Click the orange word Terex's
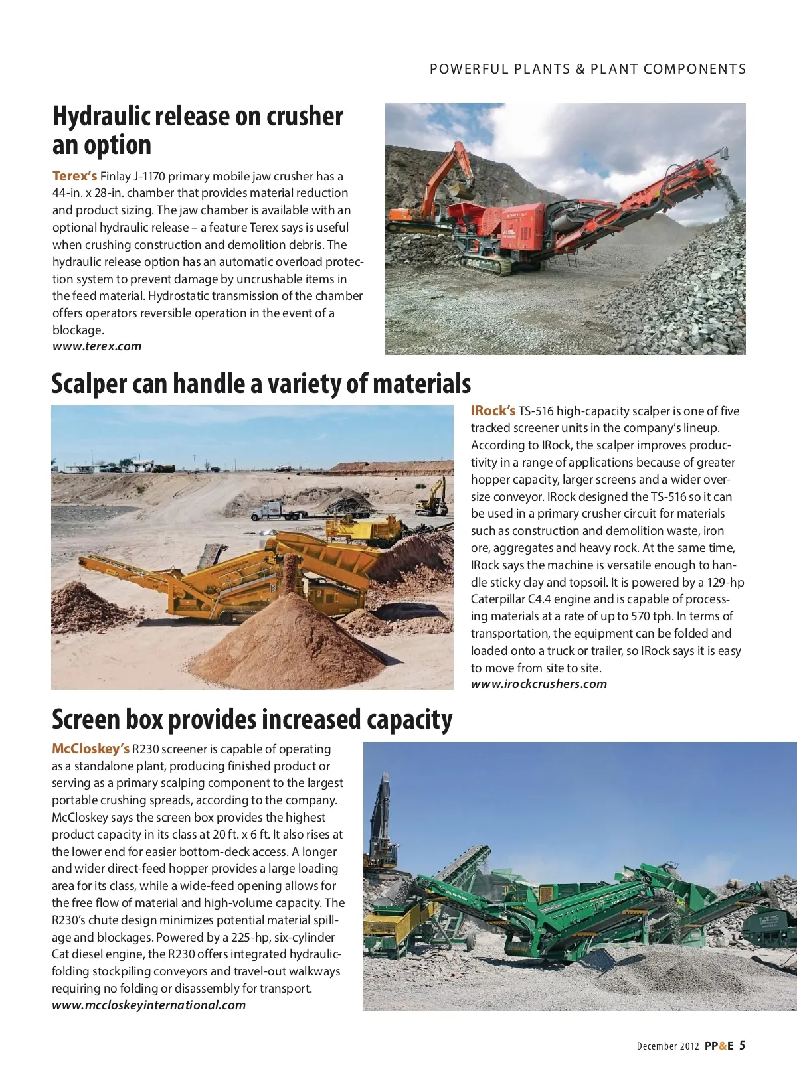pyautogui.click(x=74, y=176)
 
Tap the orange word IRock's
pyautogui.click(x=493, y=411)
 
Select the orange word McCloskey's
pyautogui.click(x=90, y=749)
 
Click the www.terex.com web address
pyautogui.click(x=97, y=346)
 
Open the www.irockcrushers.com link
pyautogui.click(x=539, y=684)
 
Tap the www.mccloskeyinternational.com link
pyautogui.click(x=149, y=1005)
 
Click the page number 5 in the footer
pyautogui.click(x=742, y=1046)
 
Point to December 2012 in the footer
pyautogui.click(x=667, y=1046)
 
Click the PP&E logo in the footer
pyautogui.click(x=719, y=1046)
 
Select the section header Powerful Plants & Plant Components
pyautogui.click(x=588, y=69)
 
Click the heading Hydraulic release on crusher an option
pyautogui.click(x=197, y=130)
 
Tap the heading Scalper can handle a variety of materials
pyautogui.click(x=261, y=384)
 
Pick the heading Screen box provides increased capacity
pyautogui.click(x=252, y=720)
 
